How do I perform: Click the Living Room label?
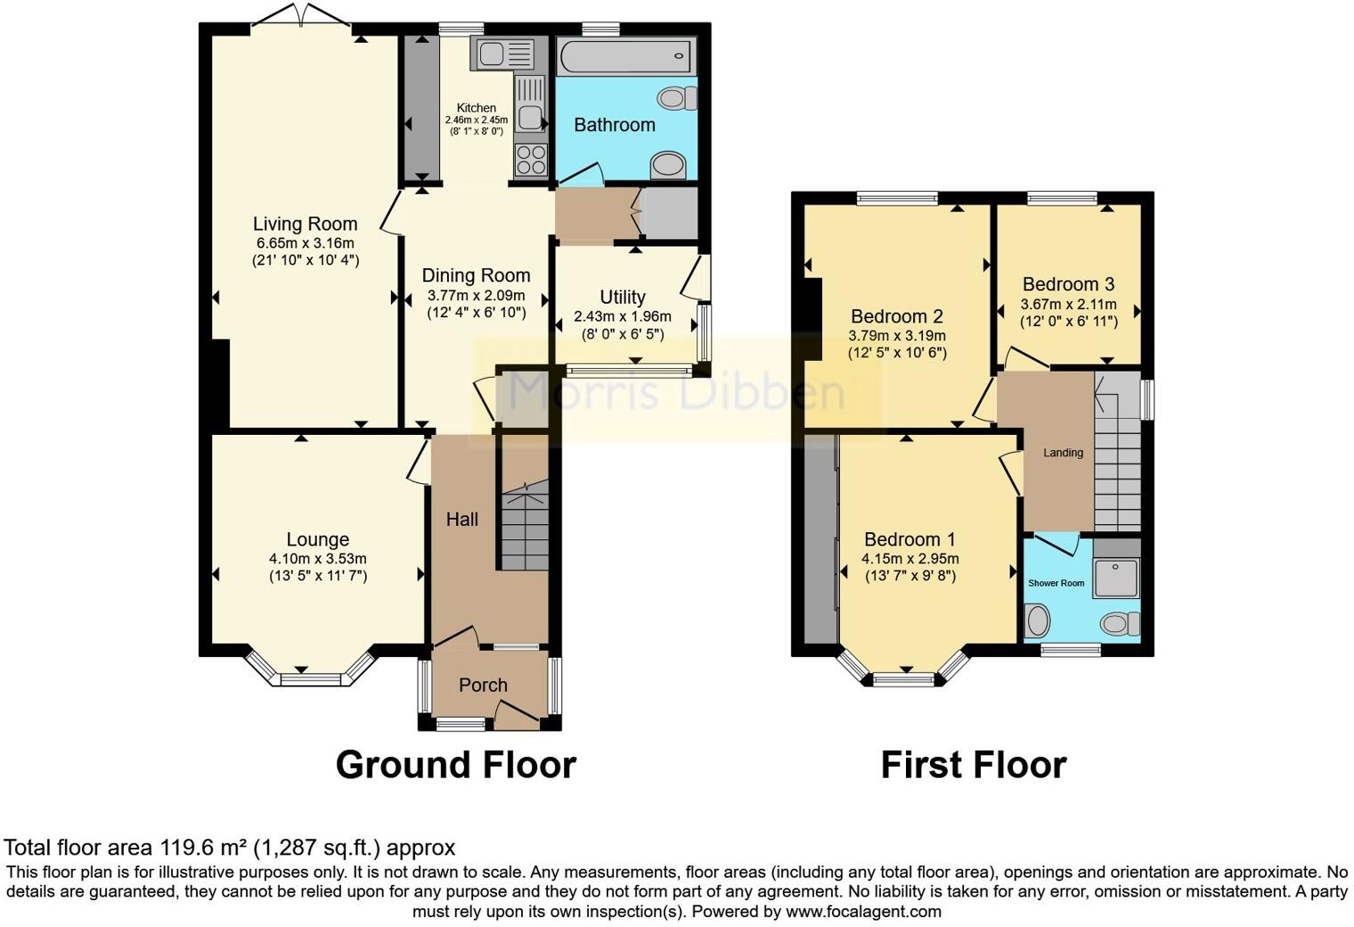coord(305,224)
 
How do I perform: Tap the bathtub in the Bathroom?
coord(625,56)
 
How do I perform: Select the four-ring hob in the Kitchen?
coord(531,160)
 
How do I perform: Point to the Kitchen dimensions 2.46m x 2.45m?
coord(477,120)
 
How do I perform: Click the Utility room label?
coord(623,297)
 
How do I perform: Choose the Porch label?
coord(483,685)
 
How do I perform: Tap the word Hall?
coord(461,519)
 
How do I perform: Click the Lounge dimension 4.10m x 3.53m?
coord(318,559)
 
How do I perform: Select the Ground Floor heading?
coord(456,765)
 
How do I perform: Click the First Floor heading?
coord(974,765)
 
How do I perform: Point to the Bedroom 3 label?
coord(1069,284)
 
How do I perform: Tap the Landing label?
coord(1063,452)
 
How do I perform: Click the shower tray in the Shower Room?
coord(1116,578)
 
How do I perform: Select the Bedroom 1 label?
coord(910,539)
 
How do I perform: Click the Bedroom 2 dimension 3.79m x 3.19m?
coord(897,336)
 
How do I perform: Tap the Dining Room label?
coord(477,275)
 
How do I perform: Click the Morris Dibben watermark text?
coord(676,392)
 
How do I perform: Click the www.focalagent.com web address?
coord(863,911)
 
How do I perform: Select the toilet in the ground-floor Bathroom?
coord(677,99)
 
